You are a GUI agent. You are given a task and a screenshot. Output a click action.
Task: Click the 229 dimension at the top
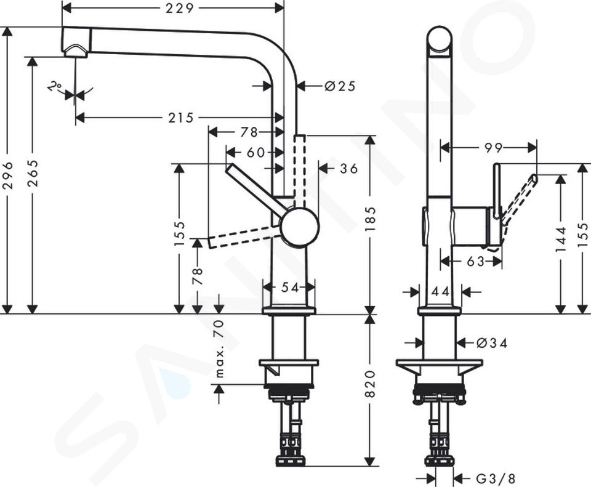pyautogui.click(x=179, y=8)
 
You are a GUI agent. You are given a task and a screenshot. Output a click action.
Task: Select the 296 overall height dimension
pyautogui.click(x=8, y=175)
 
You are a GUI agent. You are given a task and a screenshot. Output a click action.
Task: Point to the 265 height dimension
pyautogui.click(x=33, y=173)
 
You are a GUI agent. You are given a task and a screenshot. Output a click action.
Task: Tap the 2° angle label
pyautogui.click(x=55, y=88)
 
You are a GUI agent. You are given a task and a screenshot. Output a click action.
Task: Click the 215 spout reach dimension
pyautogui.click(x=181, y=118)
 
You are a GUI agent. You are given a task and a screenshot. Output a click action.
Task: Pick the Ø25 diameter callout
pyautogui.click(x=340, y=86)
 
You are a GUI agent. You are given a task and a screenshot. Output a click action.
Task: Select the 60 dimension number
pyautogui.click(x=256, y=152)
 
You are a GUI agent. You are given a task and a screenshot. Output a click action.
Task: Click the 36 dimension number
pyautogui.click(x=348, y=169)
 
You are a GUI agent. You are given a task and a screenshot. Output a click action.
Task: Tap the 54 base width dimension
pyautogui.click(x=290, y=288)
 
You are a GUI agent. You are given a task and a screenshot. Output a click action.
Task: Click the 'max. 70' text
pyautogui.click(x=220, y=348)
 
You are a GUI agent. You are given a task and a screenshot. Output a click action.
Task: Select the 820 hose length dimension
pyautogui.click(x=370, y=384)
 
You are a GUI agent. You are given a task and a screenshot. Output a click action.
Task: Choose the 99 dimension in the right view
pyautogui.click(x=493, y=148)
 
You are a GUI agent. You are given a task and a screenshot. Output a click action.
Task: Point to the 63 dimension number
pyautogui.click(x=475, y=261)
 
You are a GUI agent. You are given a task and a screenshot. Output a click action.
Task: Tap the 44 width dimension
pyautogui.click(x=441, y=291)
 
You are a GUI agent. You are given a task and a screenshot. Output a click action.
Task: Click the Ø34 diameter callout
pyautogui.click(x=492, y=343)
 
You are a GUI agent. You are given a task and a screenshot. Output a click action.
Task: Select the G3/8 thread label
pyautogui.click(x=495, y=479)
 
